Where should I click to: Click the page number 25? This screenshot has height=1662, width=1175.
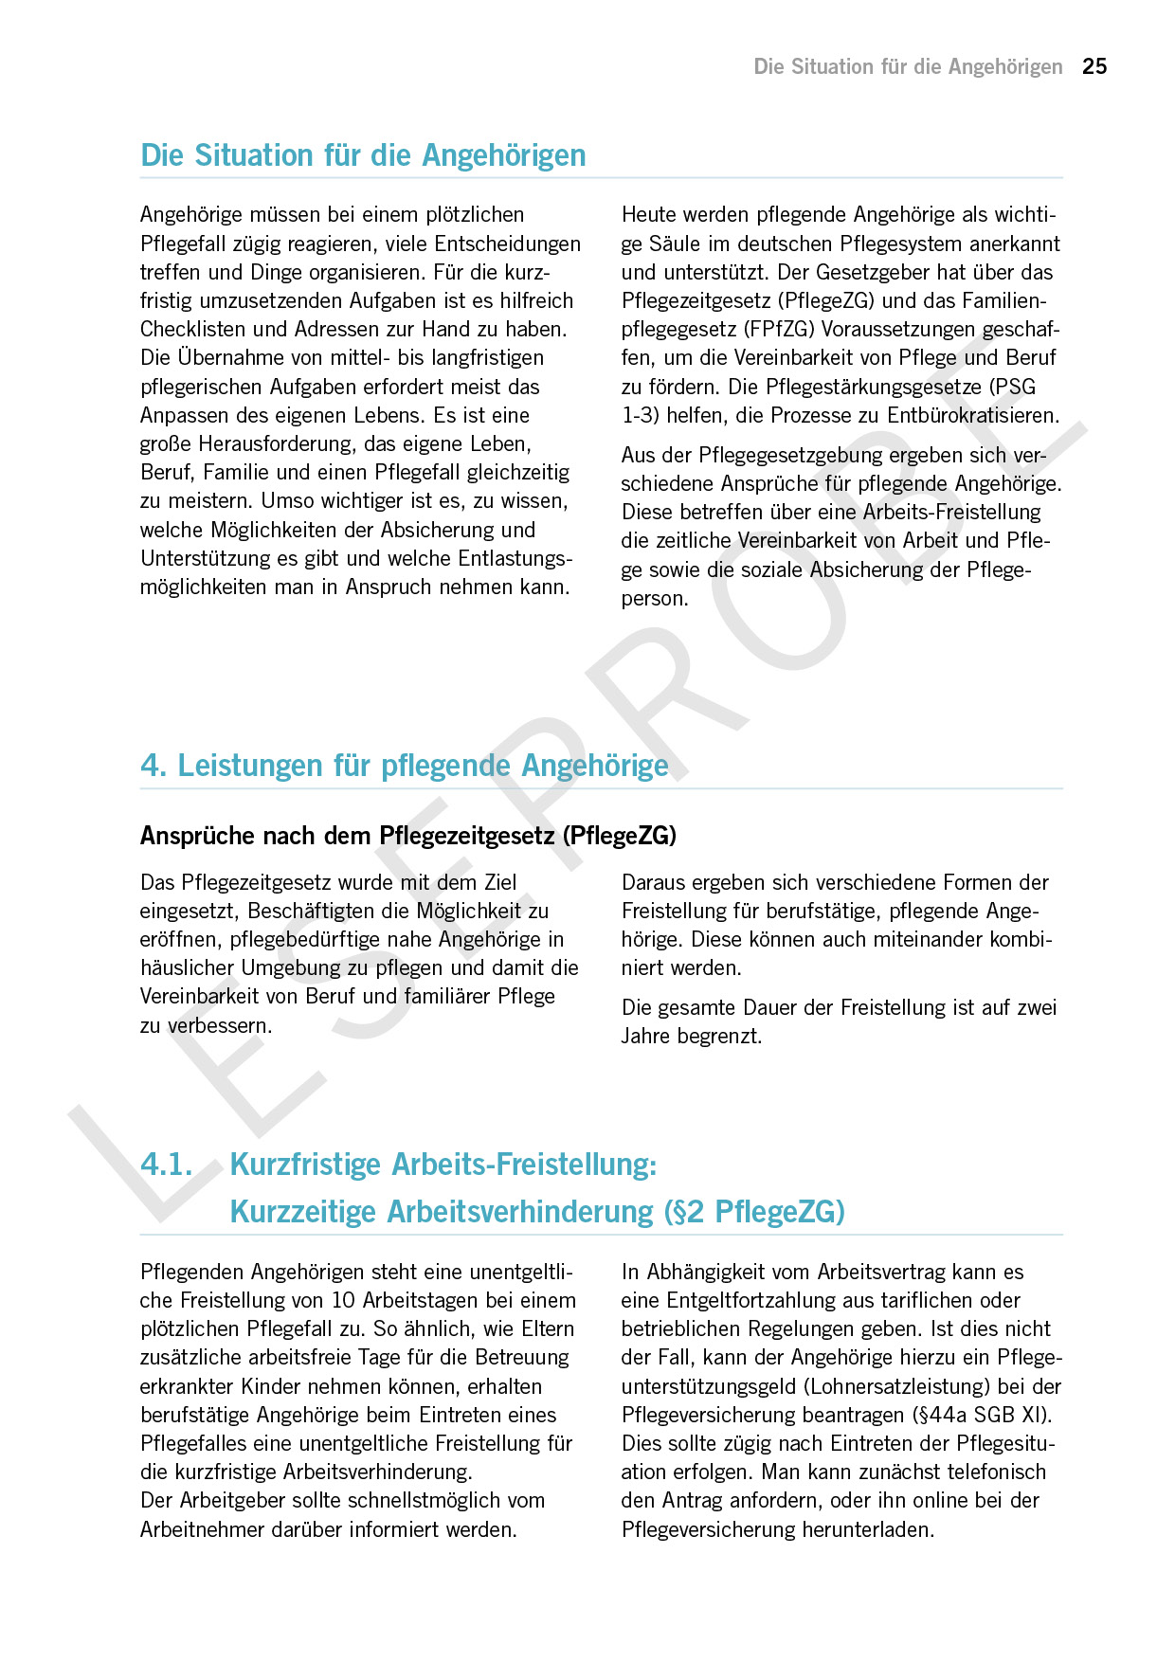(x=1094, y=66)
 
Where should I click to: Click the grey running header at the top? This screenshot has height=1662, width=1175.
(x=908, y=66)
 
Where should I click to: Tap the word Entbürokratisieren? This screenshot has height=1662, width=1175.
(x=972, y=415)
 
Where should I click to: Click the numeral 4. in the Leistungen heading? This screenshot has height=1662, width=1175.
(x=154, y=766)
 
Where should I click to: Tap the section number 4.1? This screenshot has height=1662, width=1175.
(x=166, y=1165)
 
